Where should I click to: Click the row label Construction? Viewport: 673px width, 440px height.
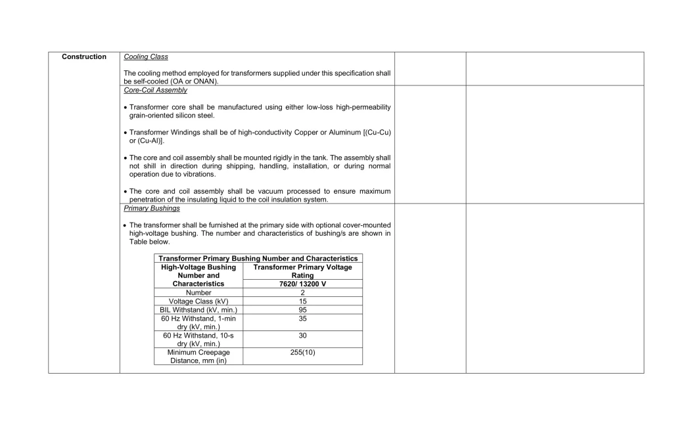tap(84, 57)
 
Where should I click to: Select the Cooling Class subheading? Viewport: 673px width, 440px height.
tap(146, 57)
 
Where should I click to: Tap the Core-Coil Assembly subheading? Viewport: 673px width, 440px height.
tap(155, 90)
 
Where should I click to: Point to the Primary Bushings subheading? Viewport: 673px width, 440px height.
tap(152, 208)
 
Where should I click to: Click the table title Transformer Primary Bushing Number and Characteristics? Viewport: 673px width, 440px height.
tap(258, 259)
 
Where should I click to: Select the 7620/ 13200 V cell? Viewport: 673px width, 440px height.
tap(302, 284)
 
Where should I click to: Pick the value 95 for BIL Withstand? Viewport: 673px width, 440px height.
tap(302, 310)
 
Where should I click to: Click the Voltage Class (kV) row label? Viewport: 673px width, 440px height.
tap(198, 301)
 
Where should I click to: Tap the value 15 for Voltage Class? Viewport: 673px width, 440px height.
tap(302, 301)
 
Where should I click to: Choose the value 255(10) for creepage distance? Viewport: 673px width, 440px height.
tap(302, 352)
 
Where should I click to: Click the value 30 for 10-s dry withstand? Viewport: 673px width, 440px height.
tap(302, 335)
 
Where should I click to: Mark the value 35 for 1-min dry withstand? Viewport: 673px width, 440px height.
tap(302, 319)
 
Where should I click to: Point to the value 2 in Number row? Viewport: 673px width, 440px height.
tap(302, 293)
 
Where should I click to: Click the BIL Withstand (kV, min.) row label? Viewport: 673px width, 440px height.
tap(198, 310)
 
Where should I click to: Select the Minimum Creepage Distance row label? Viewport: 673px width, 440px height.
tap(198, 356)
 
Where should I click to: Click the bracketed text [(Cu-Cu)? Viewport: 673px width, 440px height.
tap(377, 133)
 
